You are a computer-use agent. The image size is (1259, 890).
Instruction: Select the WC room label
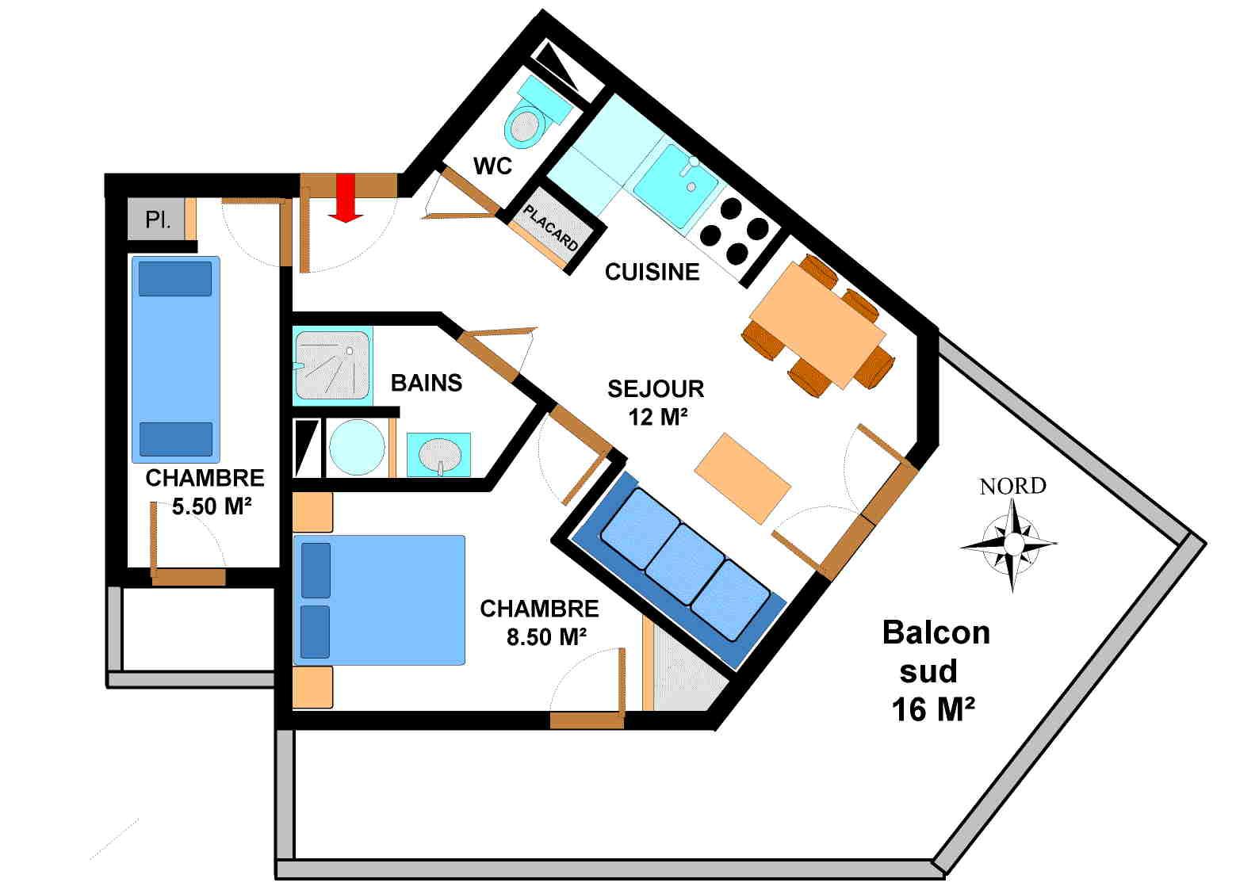click(x=492, y=166)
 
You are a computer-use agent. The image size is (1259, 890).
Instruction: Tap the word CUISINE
click(x=652, y=272)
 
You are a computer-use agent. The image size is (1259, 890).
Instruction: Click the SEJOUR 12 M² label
click(x=656, y=402)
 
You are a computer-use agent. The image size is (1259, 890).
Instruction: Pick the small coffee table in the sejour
click(x=742, y=479)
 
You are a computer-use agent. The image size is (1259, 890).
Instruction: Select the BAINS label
click(x=426, y=383)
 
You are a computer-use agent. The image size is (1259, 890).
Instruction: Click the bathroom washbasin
click(x=439, y=455)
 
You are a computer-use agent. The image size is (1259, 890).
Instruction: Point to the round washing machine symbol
click(x=356, y=448)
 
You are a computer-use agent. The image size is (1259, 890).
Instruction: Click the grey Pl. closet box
click(x=157, y=220)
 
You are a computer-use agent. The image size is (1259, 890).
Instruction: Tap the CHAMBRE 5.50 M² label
click(x=205, y=491)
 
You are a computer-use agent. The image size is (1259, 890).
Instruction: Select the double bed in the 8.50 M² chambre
click(x=378, y=600)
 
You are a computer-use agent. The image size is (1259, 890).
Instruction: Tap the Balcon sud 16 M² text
click(x=934, y=670)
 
